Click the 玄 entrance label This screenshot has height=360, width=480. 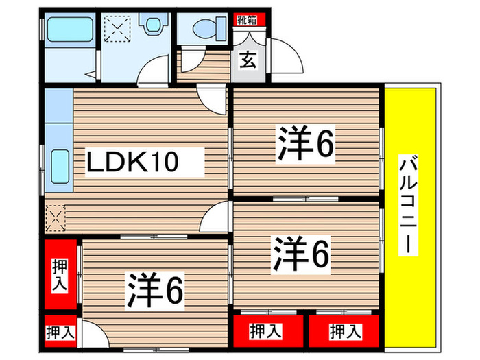[x=248, y=60]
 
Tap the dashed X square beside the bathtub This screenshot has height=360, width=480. [x=116, y=29]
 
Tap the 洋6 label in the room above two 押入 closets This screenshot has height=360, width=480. [x=302, y=253]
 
